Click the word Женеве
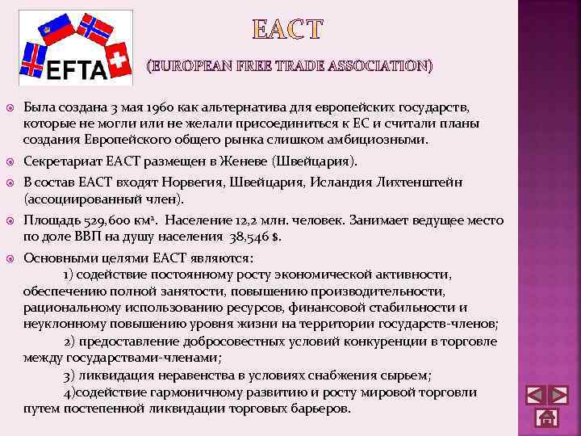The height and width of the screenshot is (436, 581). click(x=253, y=161)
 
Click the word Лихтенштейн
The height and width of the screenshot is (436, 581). click(x=420, y=182)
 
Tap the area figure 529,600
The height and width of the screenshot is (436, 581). click(x=102, y=220)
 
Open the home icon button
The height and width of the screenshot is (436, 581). click(x=546, y=417)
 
